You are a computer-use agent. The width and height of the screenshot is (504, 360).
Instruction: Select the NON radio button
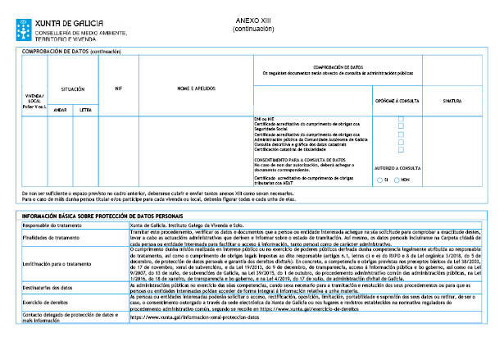pyautogui.click(x=396, y=179)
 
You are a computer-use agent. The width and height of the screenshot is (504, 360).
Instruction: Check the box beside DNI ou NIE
pyautogui.click(x=400, y=119)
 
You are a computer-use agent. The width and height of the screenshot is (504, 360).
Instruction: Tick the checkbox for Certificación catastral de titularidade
pyautogui.click(x=400, y=150)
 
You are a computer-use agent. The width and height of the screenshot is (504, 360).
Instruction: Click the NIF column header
pyautogui.click(x=119, y=88)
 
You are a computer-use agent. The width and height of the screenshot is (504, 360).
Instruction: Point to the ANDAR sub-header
pyautogui.click(x=60, y=108)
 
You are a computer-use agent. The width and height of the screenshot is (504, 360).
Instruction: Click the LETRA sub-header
pyautogui.click(x=86, y=108)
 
